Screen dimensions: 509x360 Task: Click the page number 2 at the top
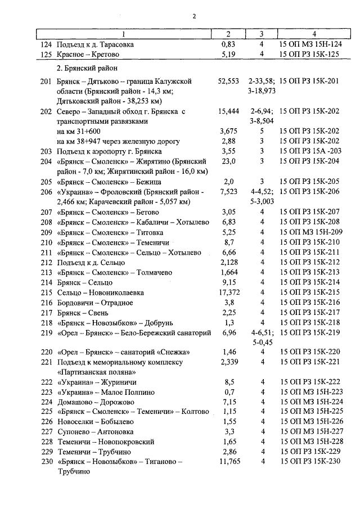point(194,16)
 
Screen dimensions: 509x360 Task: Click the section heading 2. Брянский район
point(87,68)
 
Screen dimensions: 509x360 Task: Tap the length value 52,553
point(228,82)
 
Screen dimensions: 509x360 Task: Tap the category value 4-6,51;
point(262,333)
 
